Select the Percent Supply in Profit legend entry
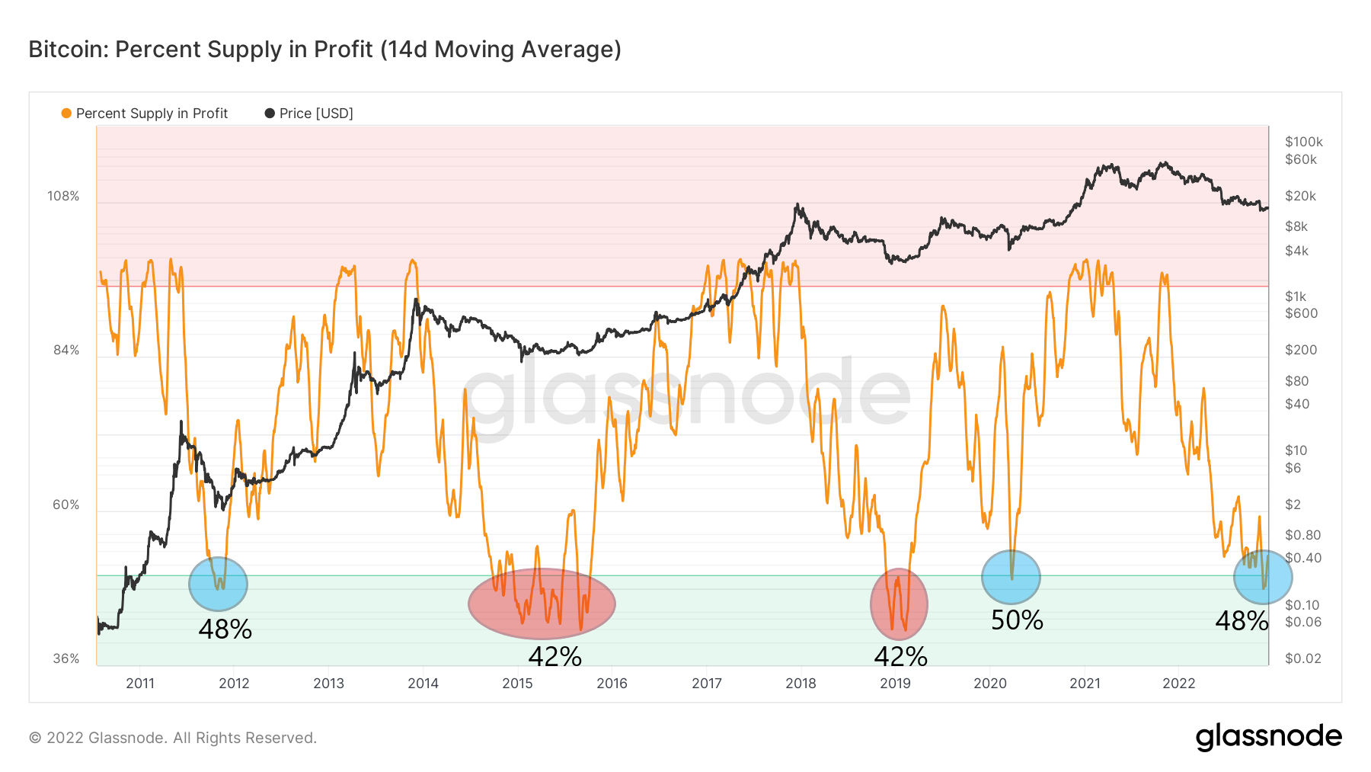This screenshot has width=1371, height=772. click(x=145, y=114)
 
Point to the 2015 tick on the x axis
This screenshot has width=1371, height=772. click(x=517, y=683)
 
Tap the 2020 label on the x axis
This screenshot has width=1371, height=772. click(x=990, y=683)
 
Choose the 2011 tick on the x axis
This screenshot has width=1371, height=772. click(x=140, y=683)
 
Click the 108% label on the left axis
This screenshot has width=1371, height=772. click(x=63, y=197)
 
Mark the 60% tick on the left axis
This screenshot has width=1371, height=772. click(x=66, y=505)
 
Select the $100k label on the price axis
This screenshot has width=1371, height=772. click(x=1303, y=142)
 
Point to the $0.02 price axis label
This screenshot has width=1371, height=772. click(x=1302, y=658)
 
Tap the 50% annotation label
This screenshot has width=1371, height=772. click(x=1017, y=620)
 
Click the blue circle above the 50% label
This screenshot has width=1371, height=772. click(x=1011, y=578)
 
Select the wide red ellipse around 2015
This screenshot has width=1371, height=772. click(x=542, y=604)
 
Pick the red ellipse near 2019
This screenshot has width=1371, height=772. click(x=899, y=604)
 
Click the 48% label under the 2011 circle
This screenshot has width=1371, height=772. click(x=225, y=629)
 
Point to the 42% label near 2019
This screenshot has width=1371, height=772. click(x=900, y=656)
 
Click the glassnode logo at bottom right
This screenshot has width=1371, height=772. click(x=1268, y=737)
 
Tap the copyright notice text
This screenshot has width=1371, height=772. click(x=173, y=738)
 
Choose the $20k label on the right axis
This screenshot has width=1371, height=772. click(x=1300, y=197)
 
